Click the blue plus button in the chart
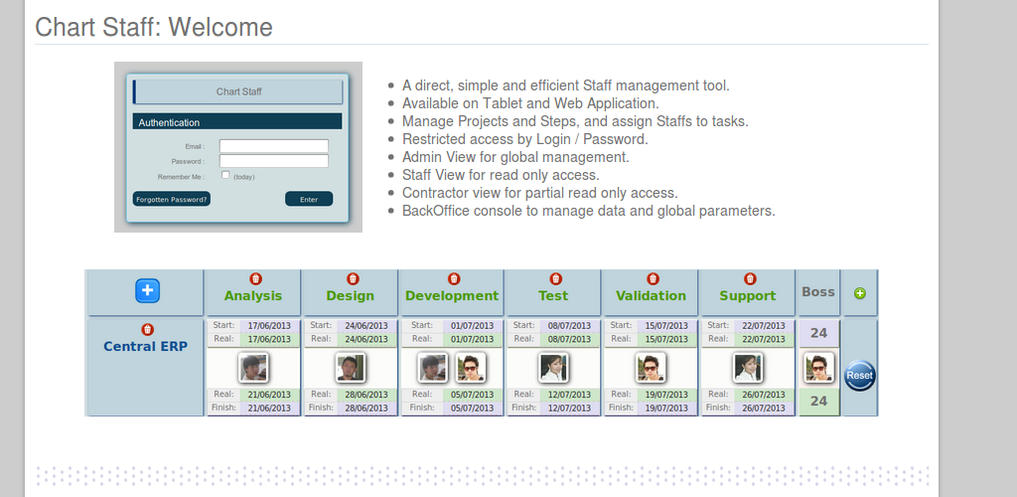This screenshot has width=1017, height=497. [x=147, y=290]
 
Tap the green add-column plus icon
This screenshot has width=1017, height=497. [x=859, y=293]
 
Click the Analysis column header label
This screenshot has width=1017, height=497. [x=253, y=295]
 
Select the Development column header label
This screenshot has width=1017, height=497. [x=452, y=295]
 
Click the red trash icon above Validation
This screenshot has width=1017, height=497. [x=653, y=279]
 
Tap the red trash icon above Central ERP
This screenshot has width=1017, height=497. [x=147, y=329]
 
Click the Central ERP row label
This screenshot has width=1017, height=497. [x=145, y=346]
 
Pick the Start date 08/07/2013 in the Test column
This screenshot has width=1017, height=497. [x=569, y=326]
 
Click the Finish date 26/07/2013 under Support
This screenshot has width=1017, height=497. [x=763, y=408]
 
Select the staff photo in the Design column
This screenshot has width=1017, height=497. [x=351, y=369]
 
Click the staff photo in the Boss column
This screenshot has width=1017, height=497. [x=819, y=368]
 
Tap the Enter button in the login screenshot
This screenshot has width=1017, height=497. [x=309, y=199]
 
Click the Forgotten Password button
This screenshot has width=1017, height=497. [x=172, y=199]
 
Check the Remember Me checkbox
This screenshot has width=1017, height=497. [x=225, y=175]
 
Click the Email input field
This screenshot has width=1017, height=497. [x=273, y=146]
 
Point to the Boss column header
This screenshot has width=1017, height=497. [x=818, y=291]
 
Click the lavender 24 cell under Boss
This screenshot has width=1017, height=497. [x=819, y=333]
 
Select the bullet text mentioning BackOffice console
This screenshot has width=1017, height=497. [x=588, y=211]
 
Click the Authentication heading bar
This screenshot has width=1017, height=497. [x=237, y=122]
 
